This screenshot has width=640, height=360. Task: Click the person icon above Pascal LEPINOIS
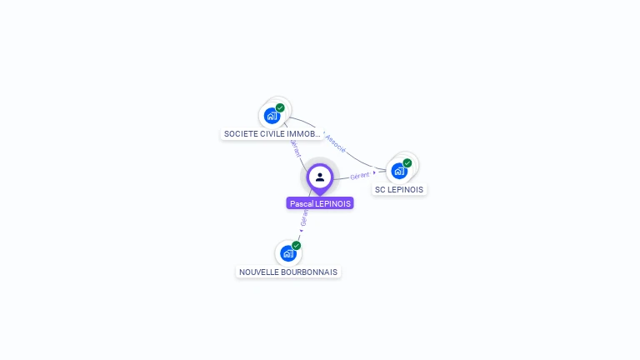pyautogui.click(x=320, y=177)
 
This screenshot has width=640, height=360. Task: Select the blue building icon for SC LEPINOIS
pyautogui.click(x=399, y=171)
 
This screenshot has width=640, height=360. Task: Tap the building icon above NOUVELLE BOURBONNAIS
pyautogui.click(x=288, y=253)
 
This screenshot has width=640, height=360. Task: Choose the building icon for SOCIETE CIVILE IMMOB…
pyautogui.click(x=272, y=116)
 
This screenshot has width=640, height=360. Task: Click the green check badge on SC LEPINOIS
pyautogui.click(x=407, y=163)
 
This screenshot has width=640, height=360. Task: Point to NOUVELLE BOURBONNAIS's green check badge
pyautogui.click(x=296, y=246)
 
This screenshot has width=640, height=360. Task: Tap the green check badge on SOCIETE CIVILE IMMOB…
pyautogui.click(x=280, y=107)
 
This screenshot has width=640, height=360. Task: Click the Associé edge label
pyautogui.click(x=335, y=142)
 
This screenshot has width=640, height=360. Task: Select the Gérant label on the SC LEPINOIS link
pyautogui.click(x=360, y=176)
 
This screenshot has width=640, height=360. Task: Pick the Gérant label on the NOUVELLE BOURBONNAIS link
pyautogui.click(x=304, y=218)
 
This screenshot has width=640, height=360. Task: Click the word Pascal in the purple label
pyautogui.click(x=302, y=203)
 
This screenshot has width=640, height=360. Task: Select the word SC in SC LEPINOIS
pyautogui.click(x=380, y=190)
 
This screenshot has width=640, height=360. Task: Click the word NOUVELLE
pyautogui.click(x=258, y=272)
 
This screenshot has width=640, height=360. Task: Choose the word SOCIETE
pyautogui.click(x=240, y=134)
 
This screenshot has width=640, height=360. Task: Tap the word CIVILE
pyautogui.click(x=272, y=134)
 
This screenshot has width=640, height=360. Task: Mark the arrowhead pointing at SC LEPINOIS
pyautogui.click(x=374, y=172)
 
